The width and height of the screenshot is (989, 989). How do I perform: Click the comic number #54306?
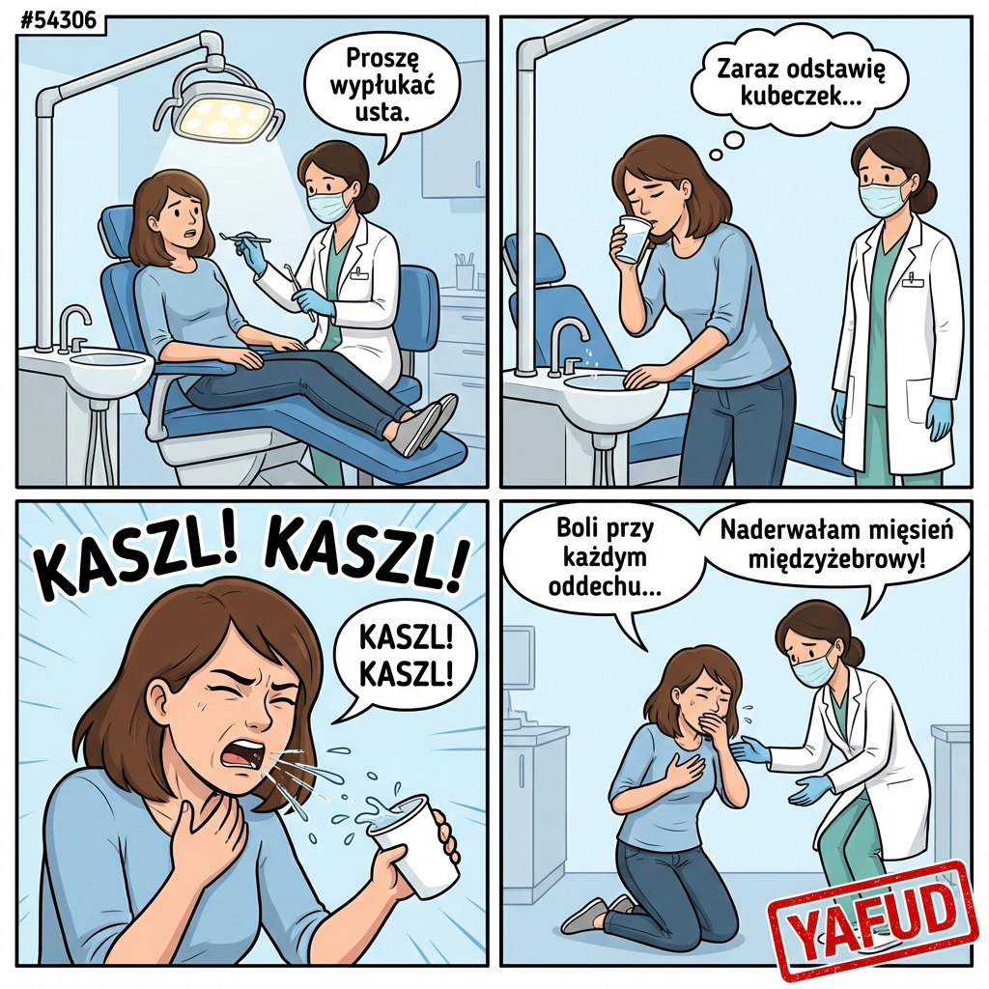[59, 21]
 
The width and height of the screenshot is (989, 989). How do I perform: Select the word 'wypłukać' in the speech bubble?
[382, 86]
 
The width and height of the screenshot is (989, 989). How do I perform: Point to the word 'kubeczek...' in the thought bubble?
[801, 97]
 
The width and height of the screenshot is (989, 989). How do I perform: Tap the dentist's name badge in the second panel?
[911, 280]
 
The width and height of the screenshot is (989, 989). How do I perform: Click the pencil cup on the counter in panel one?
[465, 269]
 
